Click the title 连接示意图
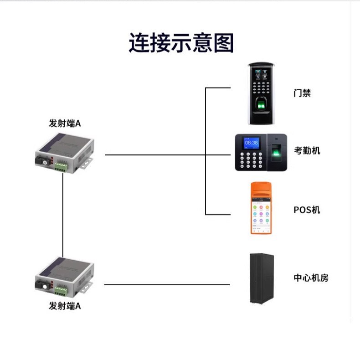pyautogui.click(x=181, y=43)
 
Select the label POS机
pyautogui.click(x=307, y=210)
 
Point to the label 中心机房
pyautogui.click(x=311, y=278)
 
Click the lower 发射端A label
pyautogui.click(x=65, y=306)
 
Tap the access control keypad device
pyautogui.click(x=261, y=93)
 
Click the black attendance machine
pyautogui.click(x=261, y=152)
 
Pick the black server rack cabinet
pyautogui.click(x=262, y=278)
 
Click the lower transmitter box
pyautogui.click(x=65, y=278)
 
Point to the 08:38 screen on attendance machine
pyautogui.click(x=251, y=143)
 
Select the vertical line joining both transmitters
pyautogui.click(x=63, y=219)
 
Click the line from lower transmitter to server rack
pyautogui.click(x=167, y=285)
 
